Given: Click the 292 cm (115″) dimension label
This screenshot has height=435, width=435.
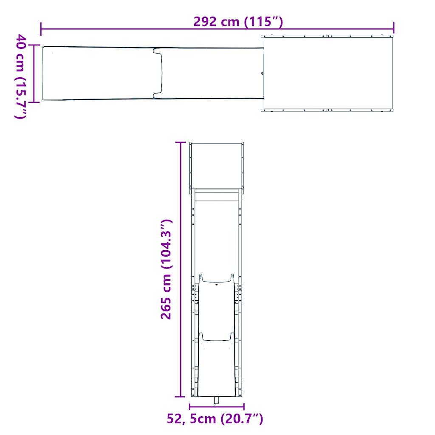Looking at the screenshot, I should tap(238, 21).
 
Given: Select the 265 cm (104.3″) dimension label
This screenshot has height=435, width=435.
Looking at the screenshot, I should tap(165, 269).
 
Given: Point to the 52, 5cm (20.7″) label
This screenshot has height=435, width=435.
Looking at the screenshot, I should tap(215, 419).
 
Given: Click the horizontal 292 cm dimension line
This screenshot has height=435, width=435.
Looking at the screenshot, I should tap(127, 29).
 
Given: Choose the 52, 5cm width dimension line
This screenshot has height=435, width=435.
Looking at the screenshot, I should tap(217, 407).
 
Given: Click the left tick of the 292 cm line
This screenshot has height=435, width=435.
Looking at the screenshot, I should tap(41, 29).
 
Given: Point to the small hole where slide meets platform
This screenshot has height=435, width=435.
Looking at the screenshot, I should tap(262, 73).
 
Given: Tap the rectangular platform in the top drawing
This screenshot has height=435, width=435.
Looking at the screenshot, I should tap(328, 73).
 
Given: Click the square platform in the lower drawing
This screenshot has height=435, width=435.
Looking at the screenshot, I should tap(217, 166).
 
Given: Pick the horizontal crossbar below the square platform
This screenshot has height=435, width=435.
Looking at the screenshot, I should tap(217, 196).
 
